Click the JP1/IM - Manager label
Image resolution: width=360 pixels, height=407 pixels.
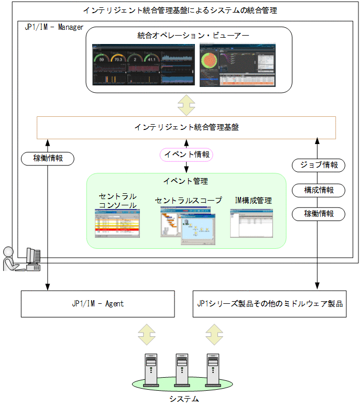[54, 27]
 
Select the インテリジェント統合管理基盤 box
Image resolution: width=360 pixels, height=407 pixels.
[186, 127]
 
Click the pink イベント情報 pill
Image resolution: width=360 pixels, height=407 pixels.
[187, 155]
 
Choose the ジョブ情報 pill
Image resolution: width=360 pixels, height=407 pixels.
[318, 165]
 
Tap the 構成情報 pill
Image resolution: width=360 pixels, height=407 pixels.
[318, 190]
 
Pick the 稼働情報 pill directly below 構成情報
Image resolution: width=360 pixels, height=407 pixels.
[318, 214]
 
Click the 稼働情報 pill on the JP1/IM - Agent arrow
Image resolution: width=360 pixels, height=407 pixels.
[48, 158]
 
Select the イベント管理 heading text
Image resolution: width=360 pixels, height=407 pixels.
[186, 181]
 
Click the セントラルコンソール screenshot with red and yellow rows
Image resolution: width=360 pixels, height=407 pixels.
[117, 224]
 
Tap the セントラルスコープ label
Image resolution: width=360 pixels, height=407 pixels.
[188, 200]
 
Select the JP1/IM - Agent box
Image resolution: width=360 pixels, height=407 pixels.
[97, 303]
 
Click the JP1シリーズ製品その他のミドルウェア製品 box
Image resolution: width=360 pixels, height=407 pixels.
[269, 303]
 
